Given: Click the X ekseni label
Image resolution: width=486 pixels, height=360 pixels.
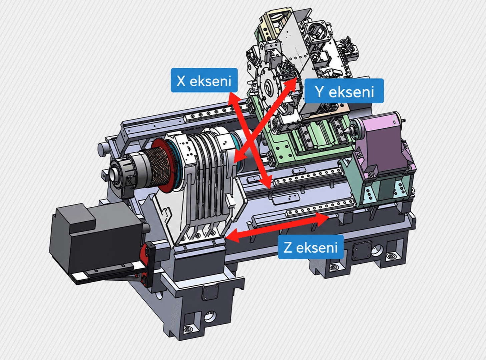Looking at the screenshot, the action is (x=204, y=80).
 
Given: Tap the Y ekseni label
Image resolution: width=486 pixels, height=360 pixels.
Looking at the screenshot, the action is (x=344, y=91).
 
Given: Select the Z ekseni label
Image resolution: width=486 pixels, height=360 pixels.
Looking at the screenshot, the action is (x=311, y=247).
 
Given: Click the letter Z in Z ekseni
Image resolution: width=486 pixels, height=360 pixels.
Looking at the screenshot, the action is (x=288, y=247).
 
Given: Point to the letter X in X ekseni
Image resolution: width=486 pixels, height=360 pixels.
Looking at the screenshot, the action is (x=181, y=81).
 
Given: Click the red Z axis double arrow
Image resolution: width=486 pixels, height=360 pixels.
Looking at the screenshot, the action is (x=278, y=226).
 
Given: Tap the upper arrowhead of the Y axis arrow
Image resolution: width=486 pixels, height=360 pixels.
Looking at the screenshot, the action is (x=290, y=84).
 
